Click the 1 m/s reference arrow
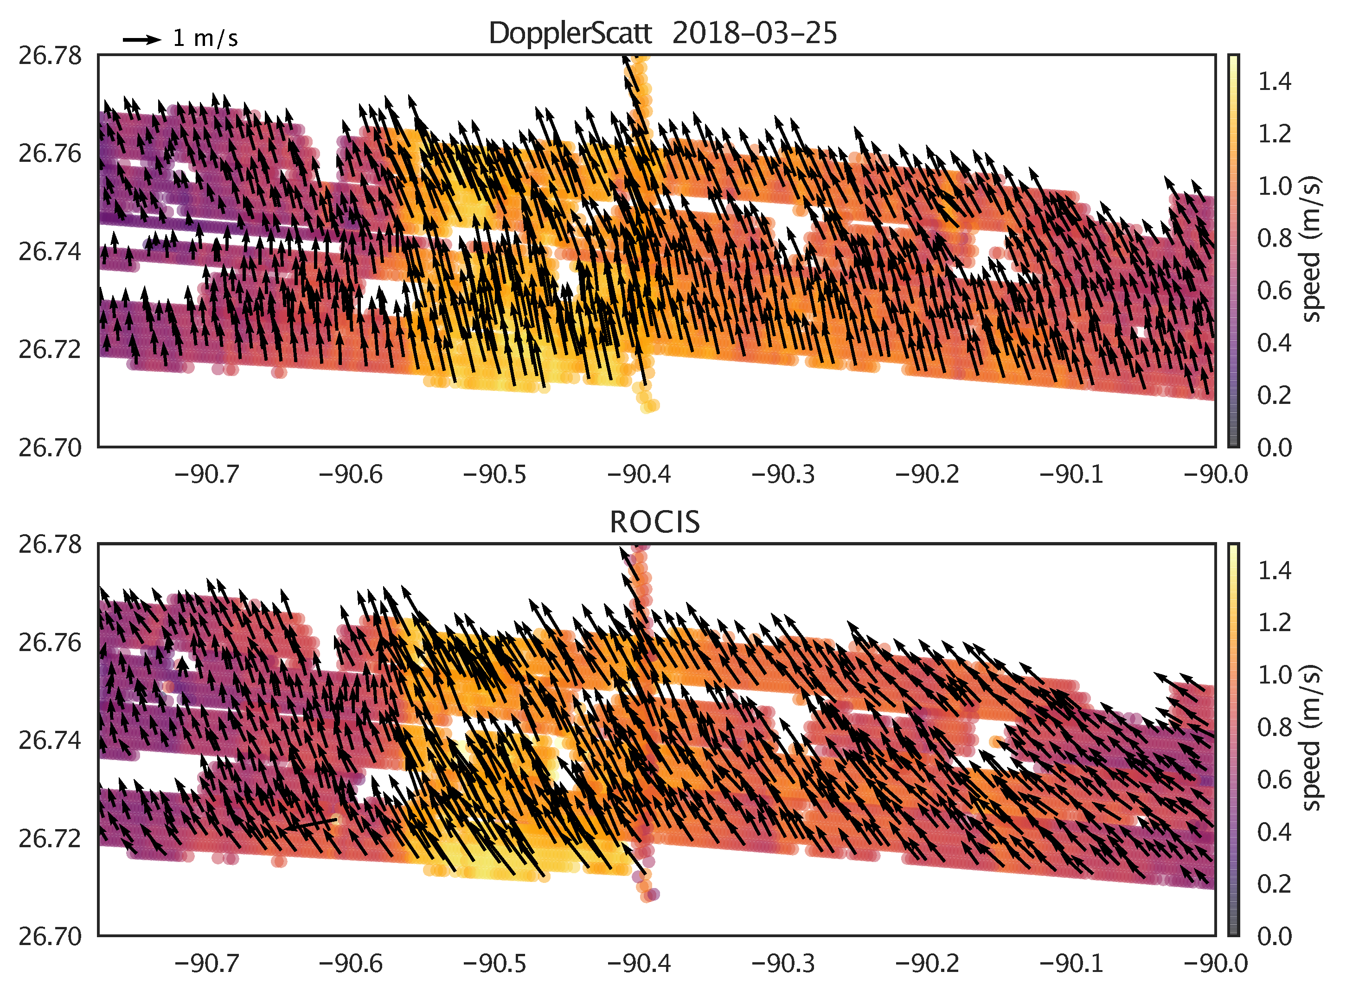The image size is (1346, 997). point(142,40)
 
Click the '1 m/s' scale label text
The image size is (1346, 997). point(205,38)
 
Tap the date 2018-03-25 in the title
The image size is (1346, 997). point(755,33)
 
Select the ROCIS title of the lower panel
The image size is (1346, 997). point(655,522)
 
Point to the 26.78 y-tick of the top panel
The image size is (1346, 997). point(50,56)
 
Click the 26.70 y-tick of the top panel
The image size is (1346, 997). point(50,448)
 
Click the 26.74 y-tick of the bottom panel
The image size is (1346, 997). point(50,741)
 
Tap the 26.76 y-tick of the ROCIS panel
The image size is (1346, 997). point(50,643)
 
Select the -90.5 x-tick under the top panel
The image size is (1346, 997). point(494,475)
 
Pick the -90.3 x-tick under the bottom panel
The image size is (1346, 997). point(783,964)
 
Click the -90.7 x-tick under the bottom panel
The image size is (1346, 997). point(206,964)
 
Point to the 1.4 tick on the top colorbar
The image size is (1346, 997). point(1274,82)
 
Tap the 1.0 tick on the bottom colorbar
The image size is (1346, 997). point(1274,675)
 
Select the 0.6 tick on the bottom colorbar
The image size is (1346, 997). point(1274,780)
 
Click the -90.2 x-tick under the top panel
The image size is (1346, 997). point(927,475)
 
